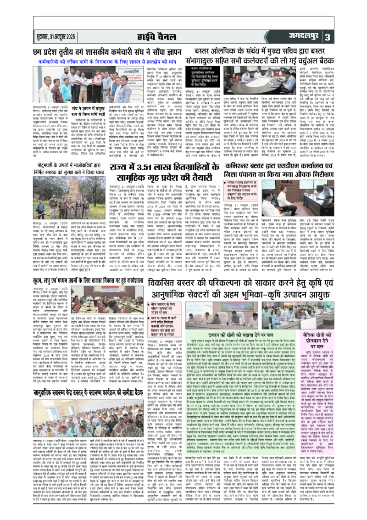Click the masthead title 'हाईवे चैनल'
coord(183,36)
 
